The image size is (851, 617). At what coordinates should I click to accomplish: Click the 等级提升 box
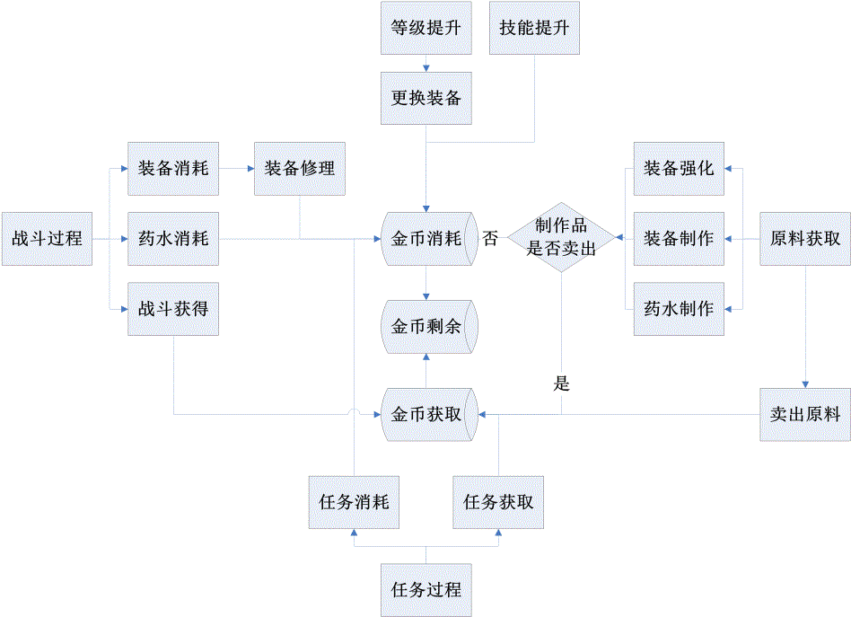point(426,28)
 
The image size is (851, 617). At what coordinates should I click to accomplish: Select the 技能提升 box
point(535,28)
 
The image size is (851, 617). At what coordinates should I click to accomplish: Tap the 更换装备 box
point(426,97)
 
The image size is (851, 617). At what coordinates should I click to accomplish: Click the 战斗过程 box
point(47,239)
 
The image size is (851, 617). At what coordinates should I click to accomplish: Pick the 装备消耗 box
point(173,169)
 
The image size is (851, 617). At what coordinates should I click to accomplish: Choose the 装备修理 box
point(300,169)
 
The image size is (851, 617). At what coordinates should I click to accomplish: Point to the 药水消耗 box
point(173,239)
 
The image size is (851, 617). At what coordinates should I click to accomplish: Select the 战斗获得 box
point(173,309)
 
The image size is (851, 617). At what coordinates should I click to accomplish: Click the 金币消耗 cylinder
point(427,239)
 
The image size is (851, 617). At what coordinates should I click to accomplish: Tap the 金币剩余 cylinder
point(427,327)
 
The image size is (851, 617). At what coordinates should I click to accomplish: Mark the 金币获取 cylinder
point(427,414)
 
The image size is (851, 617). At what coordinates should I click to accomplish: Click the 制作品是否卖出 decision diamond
point(562,239)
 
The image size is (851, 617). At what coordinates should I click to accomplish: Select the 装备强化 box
point(679,169)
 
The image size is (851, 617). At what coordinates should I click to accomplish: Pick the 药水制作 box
point(679,309)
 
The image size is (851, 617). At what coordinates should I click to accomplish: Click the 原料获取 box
point(805,239)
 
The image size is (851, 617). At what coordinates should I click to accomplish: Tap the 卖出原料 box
point(805,414)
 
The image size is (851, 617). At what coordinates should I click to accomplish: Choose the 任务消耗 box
point(354,502)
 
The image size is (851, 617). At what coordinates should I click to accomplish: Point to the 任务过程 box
point(426,590)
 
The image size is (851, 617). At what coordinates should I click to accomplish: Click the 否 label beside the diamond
point(490,239)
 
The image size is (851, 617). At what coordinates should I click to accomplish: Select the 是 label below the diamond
point(562,384)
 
